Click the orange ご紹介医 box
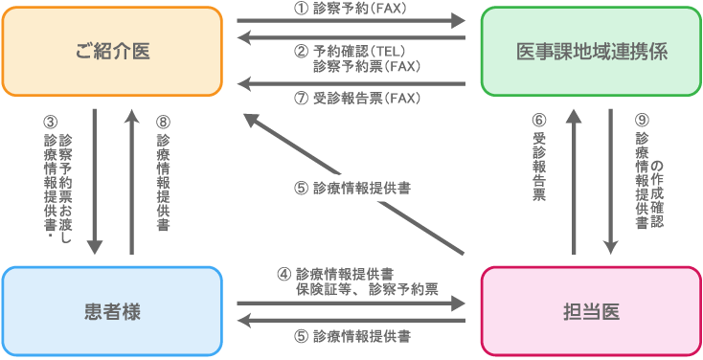[x=112, y=52]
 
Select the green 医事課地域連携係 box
[x=590, y=52]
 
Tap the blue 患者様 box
[x=112, y=310]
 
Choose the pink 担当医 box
[x=590, y=310]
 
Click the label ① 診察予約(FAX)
[x=351, y=8]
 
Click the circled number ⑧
[x=162, y=122]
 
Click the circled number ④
[x=283, y=273]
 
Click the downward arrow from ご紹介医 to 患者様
[x=96, y=182]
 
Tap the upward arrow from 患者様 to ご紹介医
[x=130, y=182]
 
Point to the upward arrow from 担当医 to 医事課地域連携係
[x=574, y=182]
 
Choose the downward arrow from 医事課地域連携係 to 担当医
[x=610, y=182]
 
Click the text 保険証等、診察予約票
[x=367, y=288]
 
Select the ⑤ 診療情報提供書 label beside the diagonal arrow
[x=352, y=189]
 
